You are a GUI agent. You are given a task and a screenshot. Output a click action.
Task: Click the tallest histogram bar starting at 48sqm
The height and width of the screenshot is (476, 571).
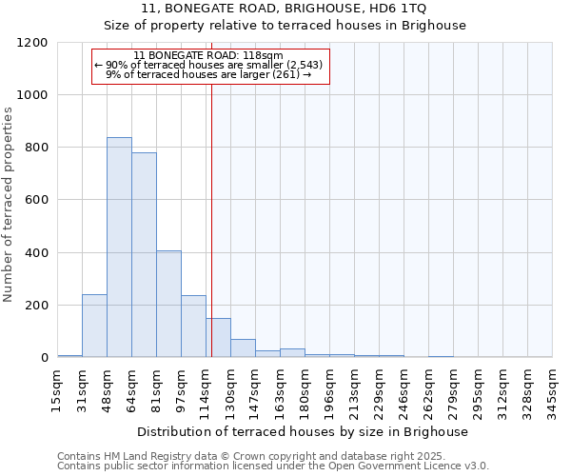click(x=119, y=248)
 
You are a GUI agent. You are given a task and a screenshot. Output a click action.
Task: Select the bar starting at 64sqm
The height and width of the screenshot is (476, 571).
click(x=144, y=255)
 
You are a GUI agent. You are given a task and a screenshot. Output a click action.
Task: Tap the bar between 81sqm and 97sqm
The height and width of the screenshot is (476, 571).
click(x=168, y=305)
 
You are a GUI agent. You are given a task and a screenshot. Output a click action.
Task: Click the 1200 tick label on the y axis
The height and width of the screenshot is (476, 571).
click(x=33, y=43)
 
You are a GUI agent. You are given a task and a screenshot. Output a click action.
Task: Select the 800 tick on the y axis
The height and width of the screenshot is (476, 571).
click(x=37, y=148)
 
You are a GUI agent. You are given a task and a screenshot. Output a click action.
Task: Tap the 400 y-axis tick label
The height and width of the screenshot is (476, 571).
click(x=37, y=253)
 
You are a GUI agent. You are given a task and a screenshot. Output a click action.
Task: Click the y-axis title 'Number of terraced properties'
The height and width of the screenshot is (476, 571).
click(x=9, y=205)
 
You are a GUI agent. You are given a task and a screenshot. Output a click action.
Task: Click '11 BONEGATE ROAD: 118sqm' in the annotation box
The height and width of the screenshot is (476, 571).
click(x=208, y=56)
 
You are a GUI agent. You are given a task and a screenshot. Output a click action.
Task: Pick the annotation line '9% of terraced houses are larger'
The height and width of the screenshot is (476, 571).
click(x=208, y=74)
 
